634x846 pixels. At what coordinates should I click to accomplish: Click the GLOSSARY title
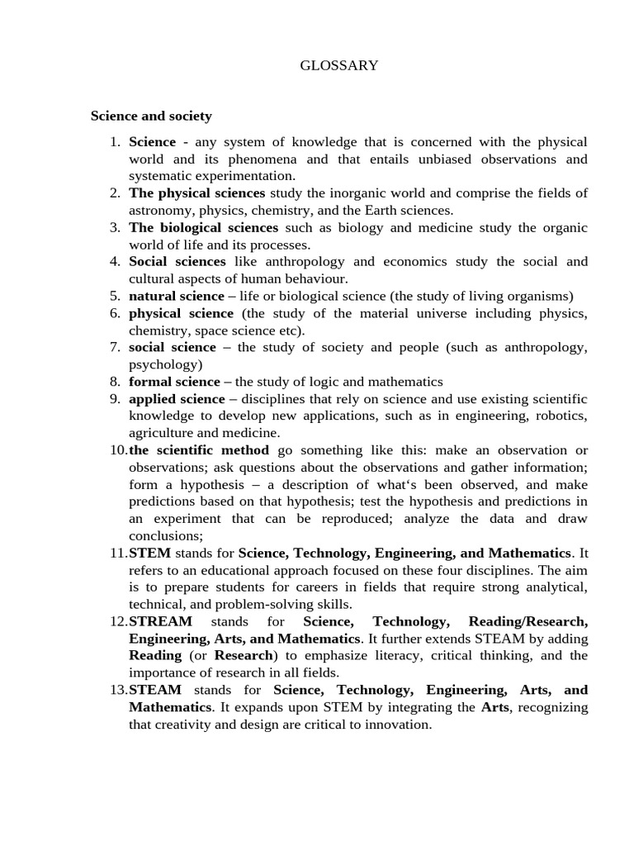coord(339,65)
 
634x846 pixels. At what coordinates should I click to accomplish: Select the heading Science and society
coord(151,116)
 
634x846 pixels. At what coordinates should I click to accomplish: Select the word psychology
coord(165,364)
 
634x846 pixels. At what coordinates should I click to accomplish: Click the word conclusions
coord(163,535)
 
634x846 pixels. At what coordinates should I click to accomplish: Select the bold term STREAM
coord(160,621)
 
